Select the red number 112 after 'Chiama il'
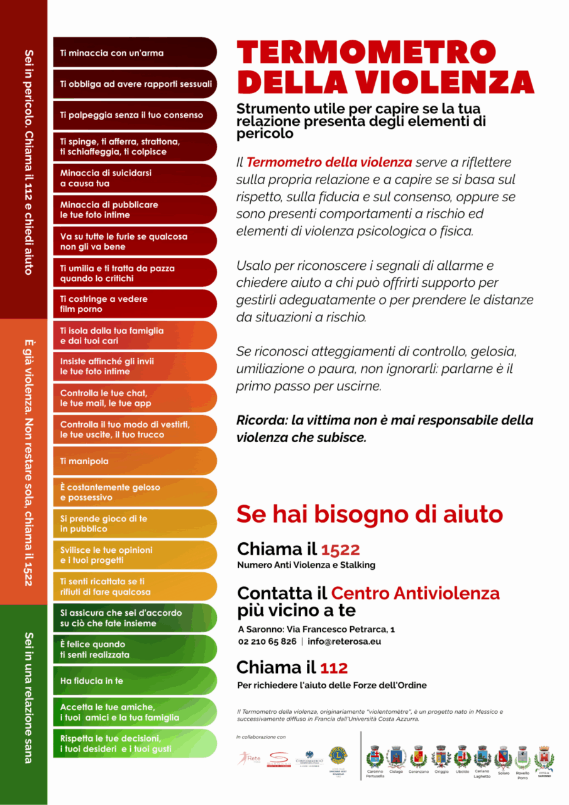(x=334, y=667)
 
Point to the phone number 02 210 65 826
(x=267, y=641)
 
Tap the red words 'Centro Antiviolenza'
(x=415, y=593)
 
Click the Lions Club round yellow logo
(x=339, y=755)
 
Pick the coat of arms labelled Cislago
(x=395, y=756)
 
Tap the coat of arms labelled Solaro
(x=503, y=756)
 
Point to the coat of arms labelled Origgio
(x=441, y=756)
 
